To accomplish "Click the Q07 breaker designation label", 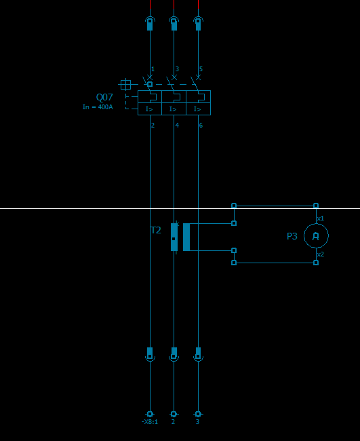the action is [104, 97].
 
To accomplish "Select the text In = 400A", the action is [98, 107].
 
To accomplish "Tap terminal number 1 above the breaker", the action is [153, 69].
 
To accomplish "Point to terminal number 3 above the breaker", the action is [177, 69].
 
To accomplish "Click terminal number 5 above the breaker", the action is [201, 69].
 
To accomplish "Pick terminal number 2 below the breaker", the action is [153, 125].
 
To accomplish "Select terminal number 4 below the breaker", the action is [177, 125].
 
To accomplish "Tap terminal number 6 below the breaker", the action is [201, 125].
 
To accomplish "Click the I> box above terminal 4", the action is [174, 109].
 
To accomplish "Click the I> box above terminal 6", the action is [198, 109].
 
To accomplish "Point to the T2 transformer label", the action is [156, 231].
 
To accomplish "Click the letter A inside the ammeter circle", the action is [316, 236].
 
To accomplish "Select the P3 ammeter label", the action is [292, 236].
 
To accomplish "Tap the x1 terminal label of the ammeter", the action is [321, 218].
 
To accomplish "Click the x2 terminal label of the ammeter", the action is [321, 254].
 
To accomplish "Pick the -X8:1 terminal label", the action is [150, 421].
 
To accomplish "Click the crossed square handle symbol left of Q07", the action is [125, 84].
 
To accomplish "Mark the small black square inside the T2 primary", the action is [174, 239].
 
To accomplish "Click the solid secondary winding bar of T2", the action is [186, 237].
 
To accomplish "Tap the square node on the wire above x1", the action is [316, 206].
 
